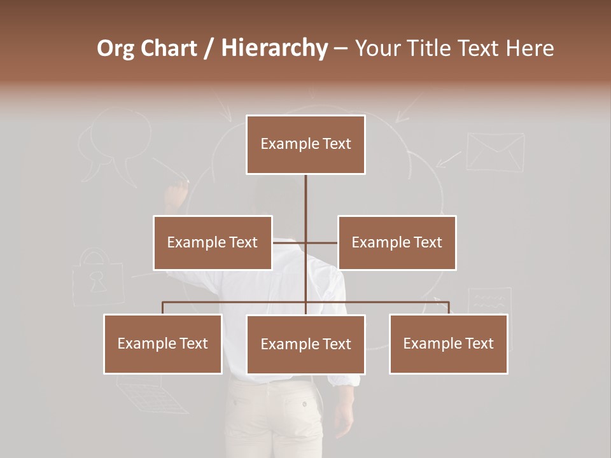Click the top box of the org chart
tap(305, 144)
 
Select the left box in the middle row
tap(213, 242)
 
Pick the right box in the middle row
tap(397, 242)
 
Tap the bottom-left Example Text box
tap(163, 343)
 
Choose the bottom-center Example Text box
tap(305, 344)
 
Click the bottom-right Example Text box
tap(448, 343)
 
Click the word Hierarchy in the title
tap(274, 48)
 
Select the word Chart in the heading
tap(171, 48)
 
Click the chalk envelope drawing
tap(495, 151)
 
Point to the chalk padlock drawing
tap(97, 278)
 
